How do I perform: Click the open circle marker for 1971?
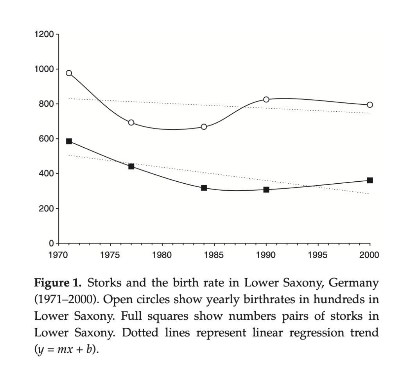(x=69, y=73)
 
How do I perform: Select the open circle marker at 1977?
(x=131, y=122)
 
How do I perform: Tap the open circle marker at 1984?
(x=204, y=127)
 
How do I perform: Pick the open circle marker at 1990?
(x=266, y=99)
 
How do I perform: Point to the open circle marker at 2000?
(x=370, y=105)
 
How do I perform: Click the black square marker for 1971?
(x=69, y=141)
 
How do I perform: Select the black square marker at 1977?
(x=131, y=166)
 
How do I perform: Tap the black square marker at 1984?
(x=204, y=188)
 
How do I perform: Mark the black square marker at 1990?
(x=266, y=190)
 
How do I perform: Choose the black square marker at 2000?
(x=370, y=180)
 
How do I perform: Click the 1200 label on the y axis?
(x=43, y=34)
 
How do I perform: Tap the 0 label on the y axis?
(x=51, y=243)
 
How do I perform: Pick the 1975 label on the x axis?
(x=110, y=255)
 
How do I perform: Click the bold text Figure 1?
(x=58, y=282)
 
